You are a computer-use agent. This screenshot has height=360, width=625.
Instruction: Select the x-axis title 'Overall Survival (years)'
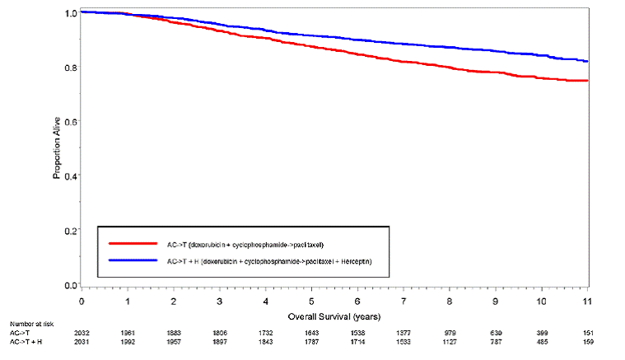(x=334, y=316)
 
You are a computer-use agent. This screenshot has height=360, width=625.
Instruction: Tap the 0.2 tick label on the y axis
(x=71, y=231)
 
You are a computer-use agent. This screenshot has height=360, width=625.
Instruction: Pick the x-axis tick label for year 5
(x=311, y=302)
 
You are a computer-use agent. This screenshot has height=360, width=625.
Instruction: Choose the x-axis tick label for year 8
(x=449, y=302)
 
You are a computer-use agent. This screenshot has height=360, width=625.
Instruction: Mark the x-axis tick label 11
(x=585, y=302)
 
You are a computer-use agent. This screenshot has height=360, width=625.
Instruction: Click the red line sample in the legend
(x=132, y=244)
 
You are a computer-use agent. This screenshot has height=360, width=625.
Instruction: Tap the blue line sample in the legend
(x=132, y=260)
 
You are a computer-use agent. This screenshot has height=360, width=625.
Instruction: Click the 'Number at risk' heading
(x=27, y=324)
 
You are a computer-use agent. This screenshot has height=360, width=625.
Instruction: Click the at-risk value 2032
(x=82, y=332)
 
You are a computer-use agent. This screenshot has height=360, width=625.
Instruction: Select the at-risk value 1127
(x=449, y=340)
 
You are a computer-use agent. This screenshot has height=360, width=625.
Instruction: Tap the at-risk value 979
(x=450, y=332)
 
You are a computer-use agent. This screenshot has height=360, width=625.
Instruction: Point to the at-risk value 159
(x=585, y=340)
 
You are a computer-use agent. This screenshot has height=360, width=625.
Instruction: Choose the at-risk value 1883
(x=174, y=332)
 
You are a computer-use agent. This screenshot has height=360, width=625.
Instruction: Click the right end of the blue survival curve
(x=586, y=61)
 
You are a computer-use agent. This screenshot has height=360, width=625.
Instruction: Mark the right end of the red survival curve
(x=586, y=81)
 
